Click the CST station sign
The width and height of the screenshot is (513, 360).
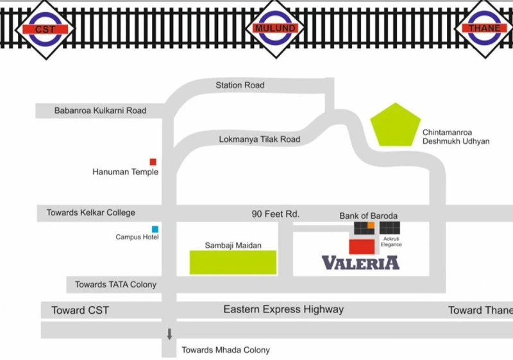(x=46, y=30)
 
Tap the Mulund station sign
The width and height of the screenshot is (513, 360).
(x=276, y=28)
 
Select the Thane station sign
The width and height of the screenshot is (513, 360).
(x=485, y=28)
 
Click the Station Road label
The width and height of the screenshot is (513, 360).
(x=240, y=85)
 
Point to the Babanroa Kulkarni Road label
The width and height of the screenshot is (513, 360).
(x=100, y=110)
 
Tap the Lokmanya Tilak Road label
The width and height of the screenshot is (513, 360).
(x=260, y=139)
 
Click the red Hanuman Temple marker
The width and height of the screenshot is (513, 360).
(x=153, y=162)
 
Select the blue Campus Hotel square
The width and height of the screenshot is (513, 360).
(x=155, y=229)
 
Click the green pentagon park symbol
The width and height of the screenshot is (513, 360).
(x=395, y=125)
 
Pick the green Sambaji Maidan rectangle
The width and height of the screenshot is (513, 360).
(x=233, y=262)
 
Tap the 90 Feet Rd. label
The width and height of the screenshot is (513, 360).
(x=276, y=214)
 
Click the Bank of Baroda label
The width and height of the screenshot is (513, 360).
(x=368, y=216)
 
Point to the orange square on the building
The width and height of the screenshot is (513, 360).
(x=371, y=225)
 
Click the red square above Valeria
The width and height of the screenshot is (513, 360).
(x=362, y=247)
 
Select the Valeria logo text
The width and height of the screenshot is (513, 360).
(x=360, y=263)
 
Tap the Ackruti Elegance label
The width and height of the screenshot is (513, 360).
(x=391, y=241)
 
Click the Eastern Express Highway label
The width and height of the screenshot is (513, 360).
(x=283, y=309)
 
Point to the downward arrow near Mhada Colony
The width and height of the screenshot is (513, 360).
(x=169, y=334)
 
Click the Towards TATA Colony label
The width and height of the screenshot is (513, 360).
(x=115, y=284)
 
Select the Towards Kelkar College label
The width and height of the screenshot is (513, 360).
(x=90, y=213)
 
